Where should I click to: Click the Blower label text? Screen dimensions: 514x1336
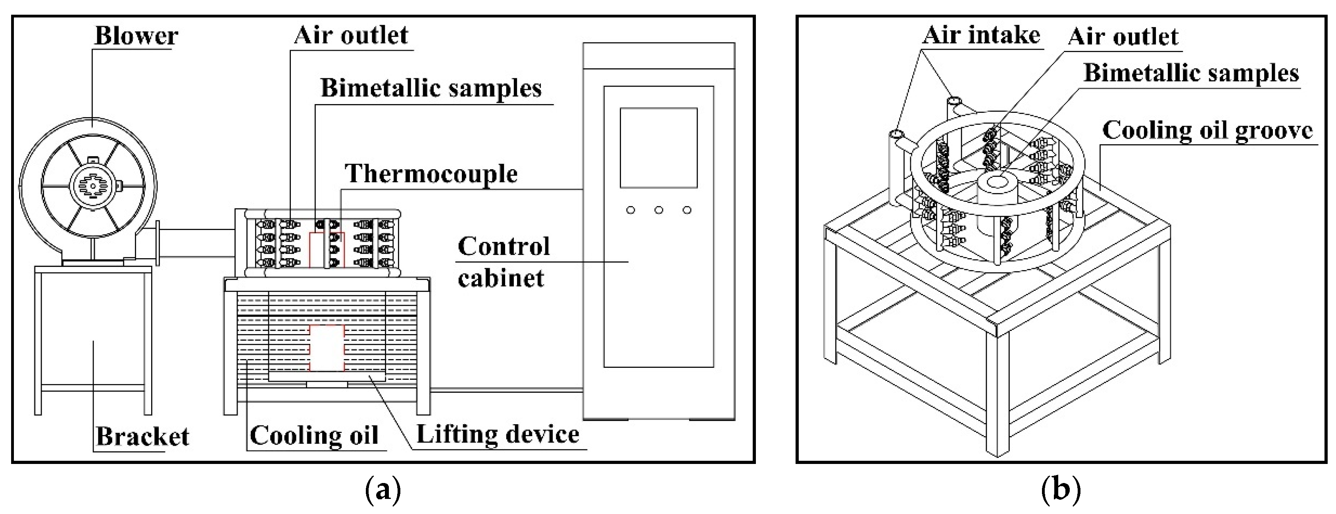click(x=136, y=36)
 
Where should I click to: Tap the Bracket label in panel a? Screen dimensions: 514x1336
click(x=142, y=436)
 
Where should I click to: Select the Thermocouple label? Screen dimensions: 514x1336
click(x=431, y=174)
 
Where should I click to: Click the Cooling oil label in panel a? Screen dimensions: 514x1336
click(x=314, y=435)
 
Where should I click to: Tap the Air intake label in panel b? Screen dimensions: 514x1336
click(x=981, y=35)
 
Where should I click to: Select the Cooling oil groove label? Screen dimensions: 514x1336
click(x=1207, y=130)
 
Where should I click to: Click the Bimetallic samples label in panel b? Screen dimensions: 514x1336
click(x=1191, y=73)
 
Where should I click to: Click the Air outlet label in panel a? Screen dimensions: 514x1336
click(x=351, y=35)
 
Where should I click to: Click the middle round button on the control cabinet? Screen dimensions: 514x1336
click(x=658, y=210)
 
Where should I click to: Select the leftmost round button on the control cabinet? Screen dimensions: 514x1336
click(x=630, y=210)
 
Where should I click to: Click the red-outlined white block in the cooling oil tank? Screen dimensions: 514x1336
click(x=327, y=348)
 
